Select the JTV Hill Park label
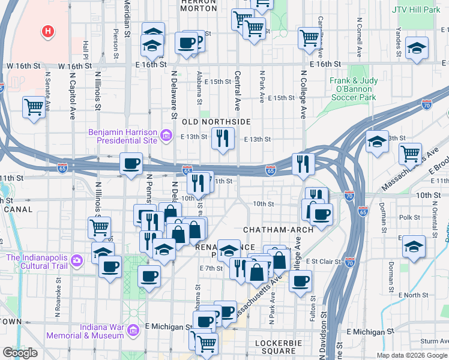coord(416,10)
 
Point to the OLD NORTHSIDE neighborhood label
coord(216,122)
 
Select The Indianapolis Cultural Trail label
coord(37,262)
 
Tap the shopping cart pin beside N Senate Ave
coord(34,108)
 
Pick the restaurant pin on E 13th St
coord(223,139)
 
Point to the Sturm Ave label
coord(435,341)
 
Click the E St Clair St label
coord(324,262)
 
